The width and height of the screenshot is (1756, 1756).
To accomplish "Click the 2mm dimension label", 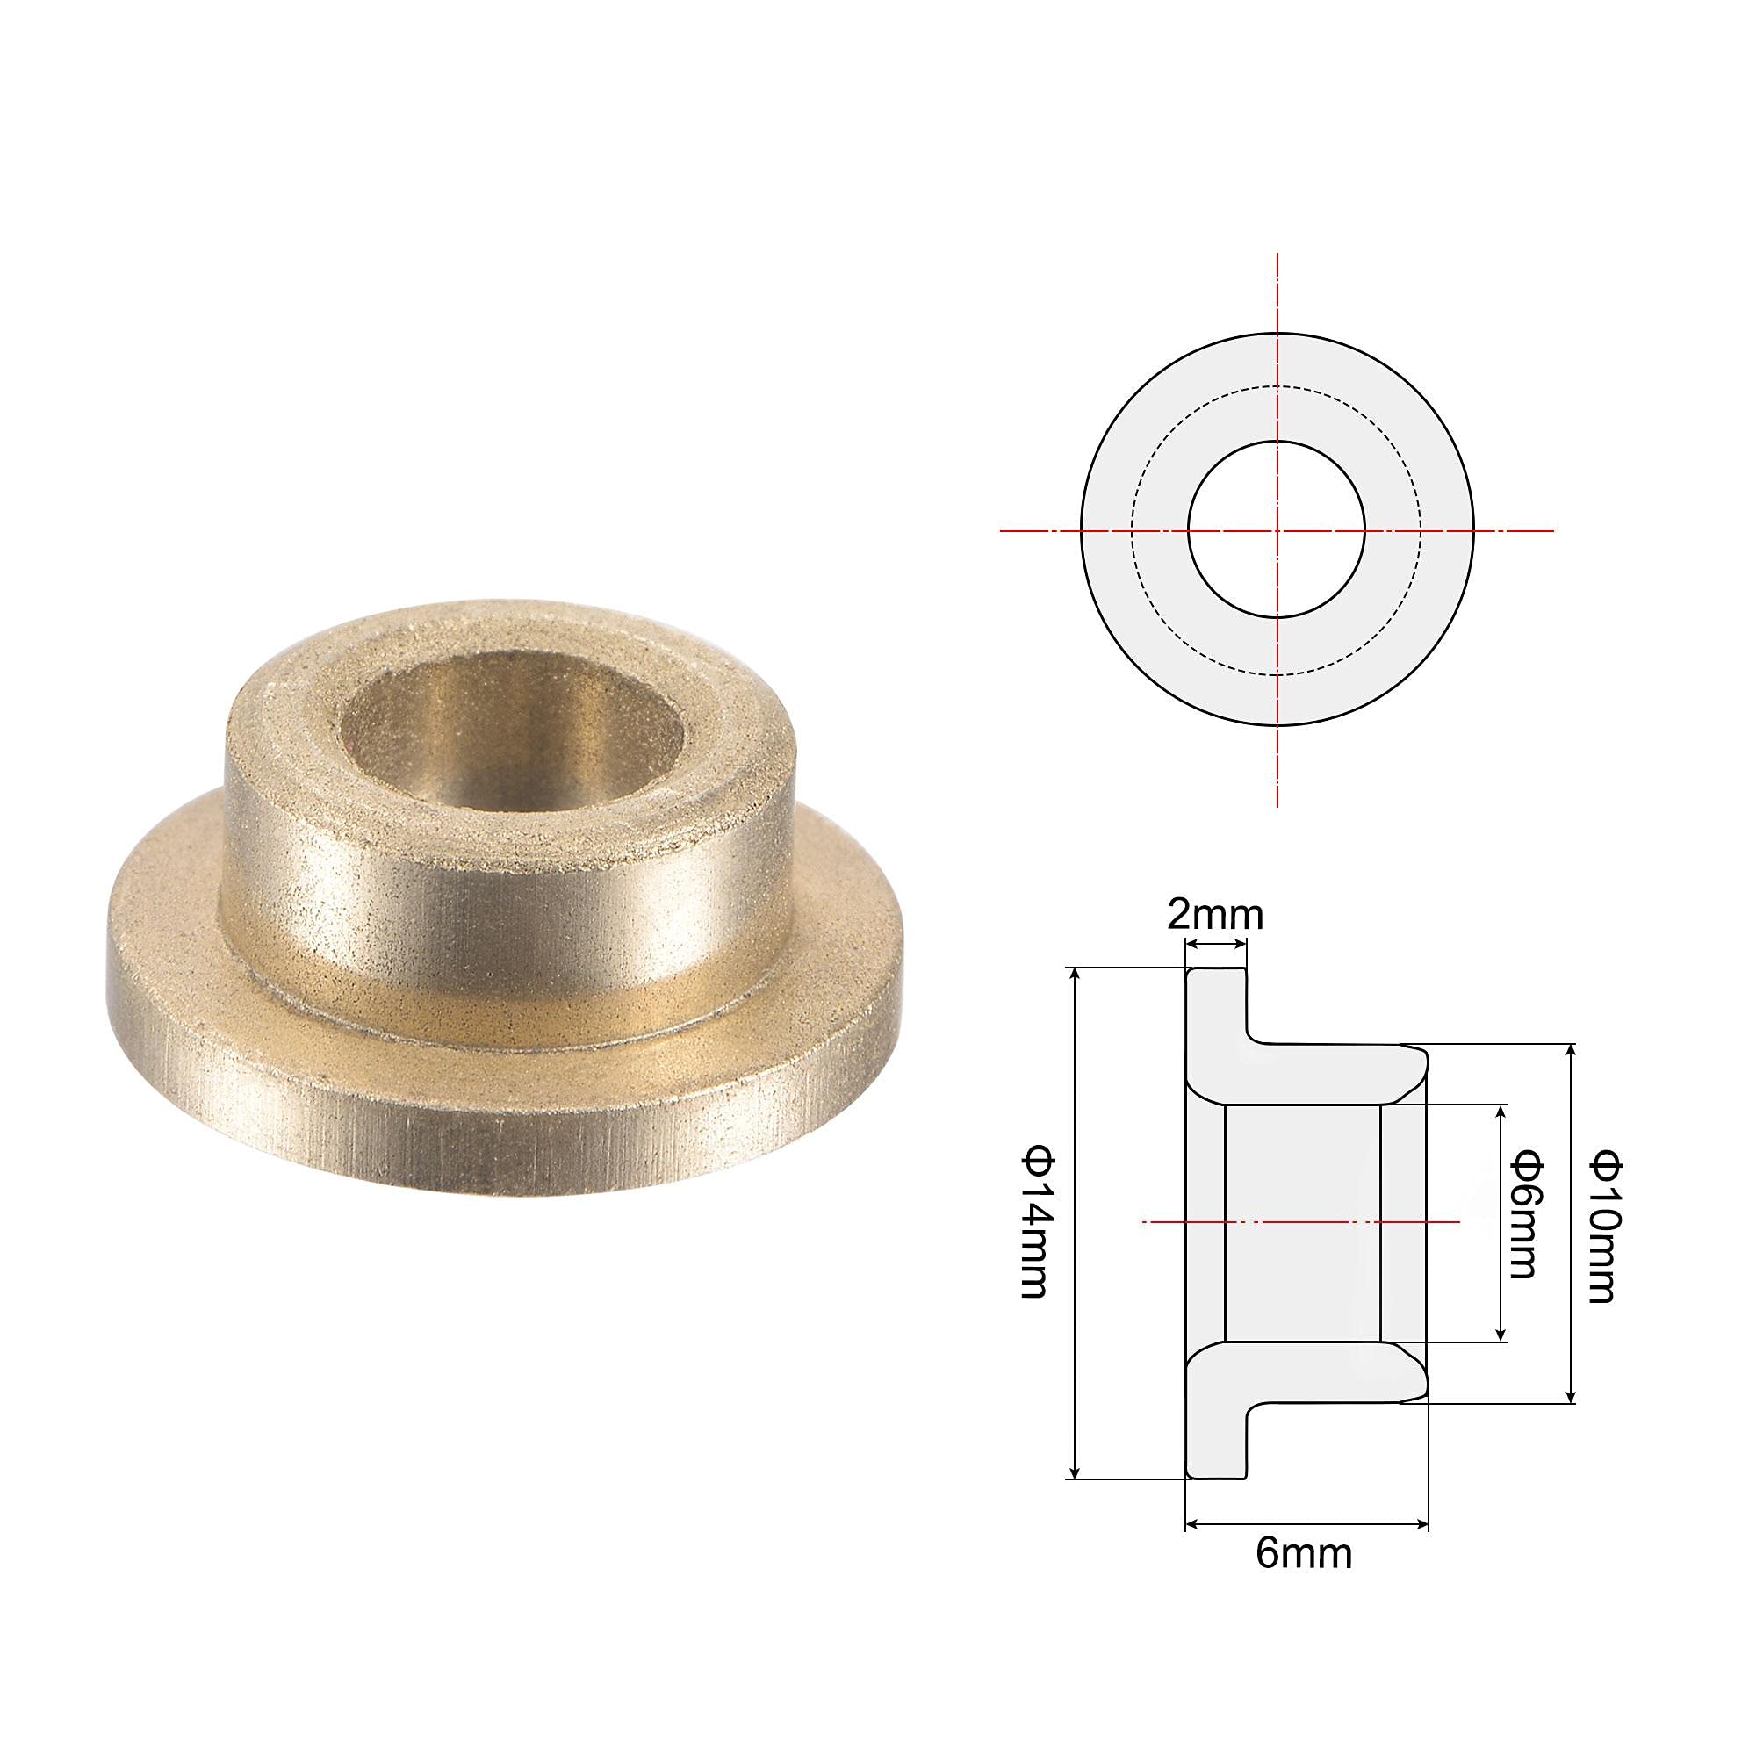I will [1215, 915].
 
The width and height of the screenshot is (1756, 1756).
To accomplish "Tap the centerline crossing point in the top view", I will [1277, 530].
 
